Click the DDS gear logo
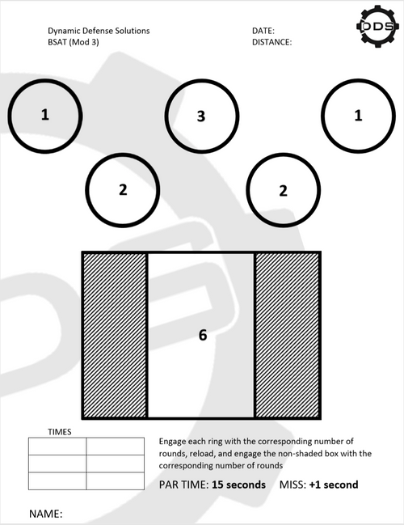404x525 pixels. tap(378, 26)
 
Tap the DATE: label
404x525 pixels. tap(263, 31)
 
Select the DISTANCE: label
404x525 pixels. tap(272, 42)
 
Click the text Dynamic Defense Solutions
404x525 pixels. tap(99, 31)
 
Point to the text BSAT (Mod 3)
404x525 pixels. tap(74, 42)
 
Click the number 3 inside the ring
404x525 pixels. tap(201, 116)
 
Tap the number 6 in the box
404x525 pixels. tap(203, 335)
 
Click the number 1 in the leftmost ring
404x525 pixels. tap(44, 115)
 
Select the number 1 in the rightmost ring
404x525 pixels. tap(358, 116)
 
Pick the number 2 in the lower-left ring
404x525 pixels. tap(123, 189)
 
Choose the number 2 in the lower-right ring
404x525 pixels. tap(283, 191)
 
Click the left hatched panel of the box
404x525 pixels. tap(115, 335)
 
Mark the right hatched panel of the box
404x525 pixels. tap(288, 335)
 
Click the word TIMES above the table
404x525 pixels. tap(60, 432)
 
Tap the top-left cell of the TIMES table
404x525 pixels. tap(57, 446)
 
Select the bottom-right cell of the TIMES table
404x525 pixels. tap(116, 481)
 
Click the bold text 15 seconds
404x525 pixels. tap(239, 485)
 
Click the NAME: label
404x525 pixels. tap(46, 514)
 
